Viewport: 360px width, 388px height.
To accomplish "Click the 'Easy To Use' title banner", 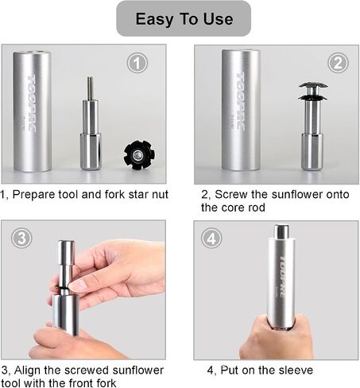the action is [184, 18].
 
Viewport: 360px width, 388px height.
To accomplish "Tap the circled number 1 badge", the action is [137, 63].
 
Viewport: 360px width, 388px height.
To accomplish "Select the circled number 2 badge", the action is [338, 63].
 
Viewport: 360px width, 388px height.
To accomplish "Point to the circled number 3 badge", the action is [21, 238].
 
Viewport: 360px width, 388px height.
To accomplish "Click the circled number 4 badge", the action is [211, 239].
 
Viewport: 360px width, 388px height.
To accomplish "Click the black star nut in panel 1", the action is [139, 154].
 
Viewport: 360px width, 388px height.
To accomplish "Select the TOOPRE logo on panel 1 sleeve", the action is [32, 103].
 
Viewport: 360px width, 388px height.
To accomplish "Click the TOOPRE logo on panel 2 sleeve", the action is [240, 101].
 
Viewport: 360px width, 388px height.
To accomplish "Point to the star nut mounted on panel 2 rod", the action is [313, 91].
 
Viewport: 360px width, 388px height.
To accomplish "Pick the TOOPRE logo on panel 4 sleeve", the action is [283, 277].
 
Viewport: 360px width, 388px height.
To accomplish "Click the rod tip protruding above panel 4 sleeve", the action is [281, 231].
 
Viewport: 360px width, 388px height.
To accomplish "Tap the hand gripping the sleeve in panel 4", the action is [277, 336].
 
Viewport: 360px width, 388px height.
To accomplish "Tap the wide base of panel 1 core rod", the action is [91, 152].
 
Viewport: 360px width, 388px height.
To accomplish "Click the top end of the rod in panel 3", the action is [66, 242].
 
